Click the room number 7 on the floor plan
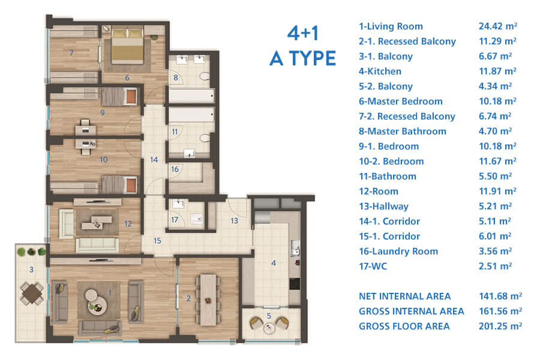(x=71, y=53)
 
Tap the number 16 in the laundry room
(x=175, y=169)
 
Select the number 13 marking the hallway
(x=234, y=221)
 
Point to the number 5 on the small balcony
(x=269, y=316)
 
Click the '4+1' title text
(x=304, y=33)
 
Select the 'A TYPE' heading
(x=303, y=58)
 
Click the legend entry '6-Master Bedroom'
(x=401, y=101)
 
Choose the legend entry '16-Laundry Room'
(x=398, y=251)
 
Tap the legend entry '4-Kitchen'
(x=380, y=71)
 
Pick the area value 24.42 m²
(x=498, y=26)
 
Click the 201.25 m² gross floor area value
(x=500, y=326)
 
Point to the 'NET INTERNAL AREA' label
(x=404, y=296)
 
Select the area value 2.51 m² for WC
(x=495, y=266)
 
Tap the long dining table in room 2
(x=208, y=300)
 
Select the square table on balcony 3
(x=32, y=293)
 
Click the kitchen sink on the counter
(x=295, y=248)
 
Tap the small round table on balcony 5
(x=269, y=328)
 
